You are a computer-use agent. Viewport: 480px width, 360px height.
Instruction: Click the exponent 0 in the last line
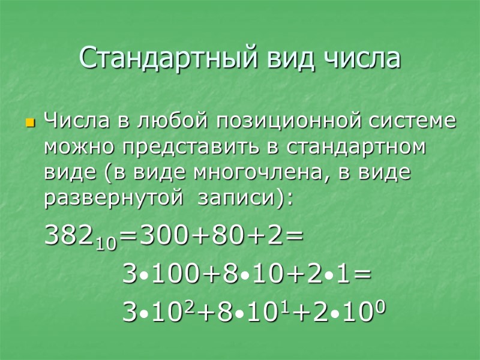pos(379,305)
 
